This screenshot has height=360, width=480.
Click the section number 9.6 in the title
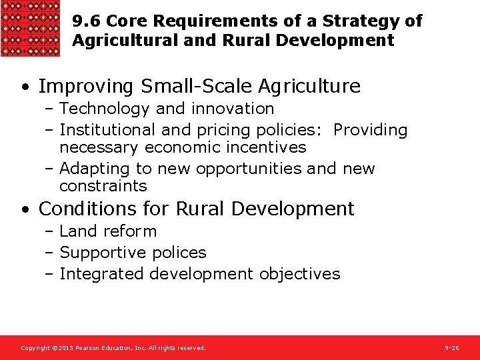87,21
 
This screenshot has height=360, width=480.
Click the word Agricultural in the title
125,41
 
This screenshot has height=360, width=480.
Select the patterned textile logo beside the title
31,29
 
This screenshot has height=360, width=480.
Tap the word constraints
103,186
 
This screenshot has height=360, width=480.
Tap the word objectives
299,274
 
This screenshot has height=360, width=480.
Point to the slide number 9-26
451,348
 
